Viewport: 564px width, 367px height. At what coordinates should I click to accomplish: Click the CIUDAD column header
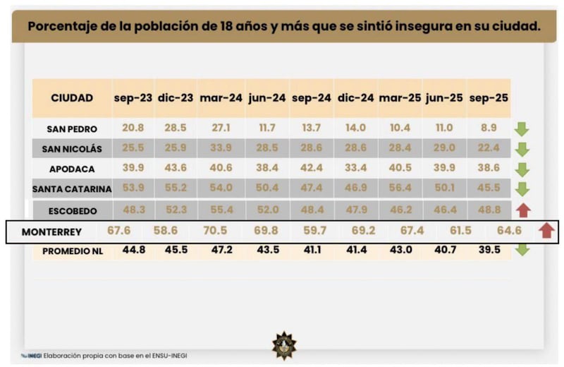pyautogui.click(x=72, y=98)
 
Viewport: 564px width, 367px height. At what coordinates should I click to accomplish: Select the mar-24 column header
pyautogui.click(x=221, y=98)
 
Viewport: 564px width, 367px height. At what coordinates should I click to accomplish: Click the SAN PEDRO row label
pyautogui.click(x=72, y=129)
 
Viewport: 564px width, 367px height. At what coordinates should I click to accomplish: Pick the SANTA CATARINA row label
pyautogui.click(x=72, y=189)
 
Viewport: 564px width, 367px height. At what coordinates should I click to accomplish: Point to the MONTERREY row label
pyautogui.click(x=51, y=231)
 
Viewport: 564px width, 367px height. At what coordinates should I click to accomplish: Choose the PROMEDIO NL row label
pyautogui.click(x=72, y=251)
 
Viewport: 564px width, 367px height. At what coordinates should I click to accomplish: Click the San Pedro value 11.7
pyautogui.click(x=266, y=128)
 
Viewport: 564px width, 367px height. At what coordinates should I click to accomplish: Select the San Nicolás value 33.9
pyautogui.click(x=221, y=148)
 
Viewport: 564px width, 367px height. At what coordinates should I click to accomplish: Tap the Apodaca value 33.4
pyautogui.click(x=355, y=169)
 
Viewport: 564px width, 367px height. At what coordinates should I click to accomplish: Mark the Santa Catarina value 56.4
pyautogui.click(x=400, y=188)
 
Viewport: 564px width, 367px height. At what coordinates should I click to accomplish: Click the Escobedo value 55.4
pyautogui.click(x=221, y=209)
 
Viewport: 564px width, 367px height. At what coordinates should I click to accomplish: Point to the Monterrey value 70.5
pyautogui.click(x=216, y=231)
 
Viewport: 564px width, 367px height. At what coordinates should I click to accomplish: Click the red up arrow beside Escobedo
pyautogui.click(x=522, y=210)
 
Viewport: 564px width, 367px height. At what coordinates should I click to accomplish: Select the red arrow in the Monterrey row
pyautogui.click(x=546, y=231)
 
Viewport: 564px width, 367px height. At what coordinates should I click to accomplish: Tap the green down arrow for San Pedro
pyautogui.click(x=522, y=129)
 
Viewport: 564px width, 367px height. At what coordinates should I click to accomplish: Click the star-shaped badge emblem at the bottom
pyautogui.click(x=284, y=345)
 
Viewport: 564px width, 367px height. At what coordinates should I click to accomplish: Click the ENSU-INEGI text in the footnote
pyautogui.click(x=167, y=356)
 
